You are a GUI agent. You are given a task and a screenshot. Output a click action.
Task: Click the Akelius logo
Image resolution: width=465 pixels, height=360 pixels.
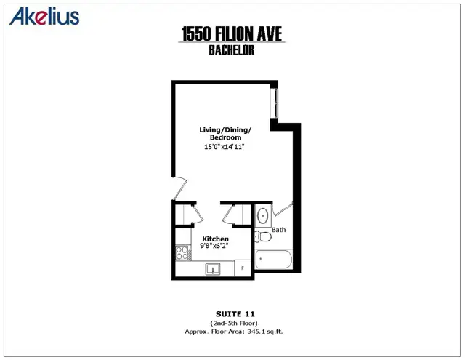pos(45,16)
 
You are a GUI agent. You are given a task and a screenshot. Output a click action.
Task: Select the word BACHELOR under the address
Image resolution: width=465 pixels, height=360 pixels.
pos(230,50)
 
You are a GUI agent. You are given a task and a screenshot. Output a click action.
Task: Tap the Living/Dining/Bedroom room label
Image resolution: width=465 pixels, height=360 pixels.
pos(225,134)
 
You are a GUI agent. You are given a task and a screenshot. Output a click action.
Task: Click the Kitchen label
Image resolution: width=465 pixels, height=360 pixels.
pos(215,239)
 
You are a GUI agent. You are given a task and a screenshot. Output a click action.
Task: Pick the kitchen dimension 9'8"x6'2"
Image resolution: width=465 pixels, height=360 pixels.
pos(215,246)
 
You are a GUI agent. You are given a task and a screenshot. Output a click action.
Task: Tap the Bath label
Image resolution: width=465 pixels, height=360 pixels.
pos(279,230)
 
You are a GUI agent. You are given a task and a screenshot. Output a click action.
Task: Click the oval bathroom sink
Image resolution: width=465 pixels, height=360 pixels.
pos(263,216)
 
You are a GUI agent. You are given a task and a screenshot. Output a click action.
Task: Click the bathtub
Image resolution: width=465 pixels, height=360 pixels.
pos(274,260)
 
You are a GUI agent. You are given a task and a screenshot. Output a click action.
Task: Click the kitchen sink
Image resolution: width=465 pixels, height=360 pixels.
pos(214,270)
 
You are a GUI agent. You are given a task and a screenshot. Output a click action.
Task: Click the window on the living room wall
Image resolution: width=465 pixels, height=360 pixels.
pos(275,103)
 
